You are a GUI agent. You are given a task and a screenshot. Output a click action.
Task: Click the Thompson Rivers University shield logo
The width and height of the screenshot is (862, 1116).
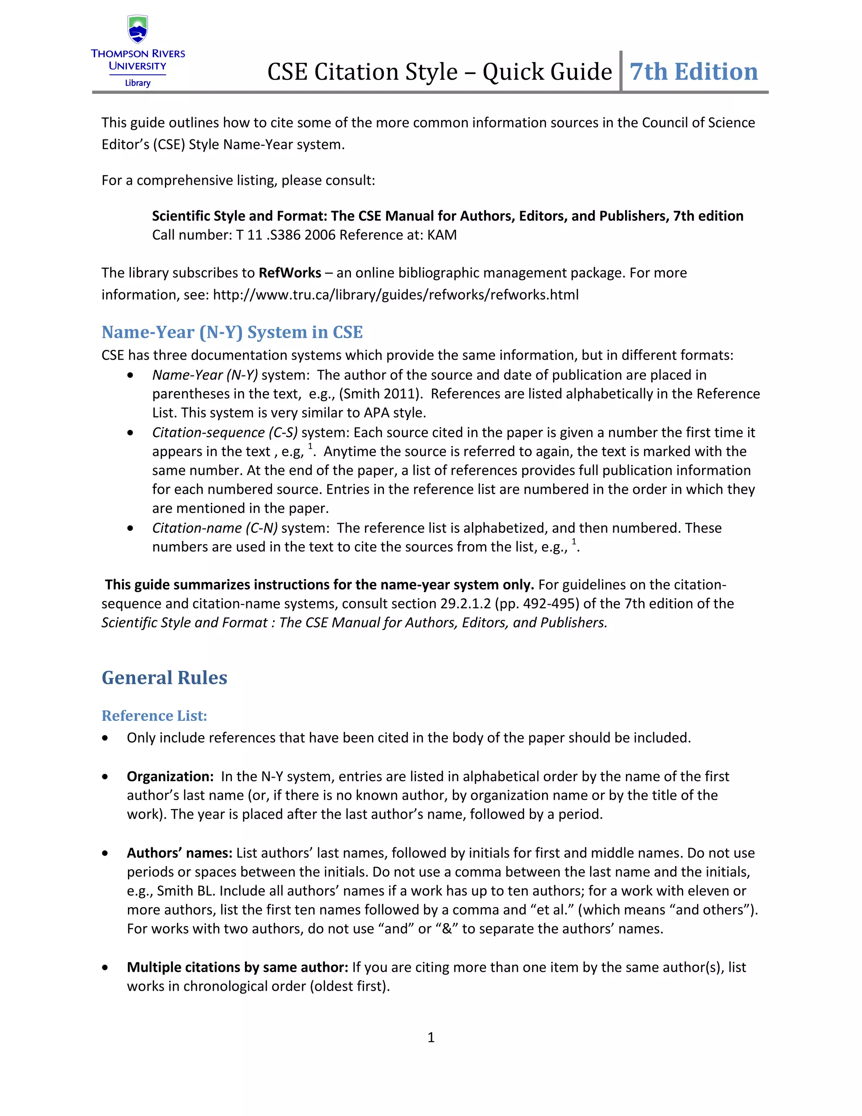click(137, 29)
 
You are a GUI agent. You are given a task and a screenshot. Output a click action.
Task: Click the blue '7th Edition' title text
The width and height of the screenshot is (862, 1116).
click(694, 72)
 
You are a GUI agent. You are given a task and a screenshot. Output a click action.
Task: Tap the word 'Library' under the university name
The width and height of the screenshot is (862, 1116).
click(137, 83)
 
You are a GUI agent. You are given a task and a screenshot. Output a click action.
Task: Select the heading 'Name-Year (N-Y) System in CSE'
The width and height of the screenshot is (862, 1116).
click(232, 332)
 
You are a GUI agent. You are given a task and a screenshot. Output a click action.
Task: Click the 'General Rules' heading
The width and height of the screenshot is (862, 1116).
click(165, 678)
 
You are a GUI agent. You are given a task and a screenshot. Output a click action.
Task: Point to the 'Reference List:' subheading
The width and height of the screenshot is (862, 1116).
click(154, 716)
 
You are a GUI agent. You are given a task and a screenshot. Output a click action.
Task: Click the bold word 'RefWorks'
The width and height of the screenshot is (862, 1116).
click(290, 273)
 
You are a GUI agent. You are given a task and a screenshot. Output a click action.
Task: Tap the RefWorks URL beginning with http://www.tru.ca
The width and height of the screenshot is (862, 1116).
click(395, 295)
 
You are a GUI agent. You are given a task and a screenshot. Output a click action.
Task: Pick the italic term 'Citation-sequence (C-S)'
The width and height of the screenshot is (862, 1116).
click(225, 433)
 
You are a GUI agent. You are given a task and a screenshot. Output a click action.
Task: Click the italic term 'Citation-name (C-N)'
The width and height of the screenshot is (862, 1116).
click(215, 528)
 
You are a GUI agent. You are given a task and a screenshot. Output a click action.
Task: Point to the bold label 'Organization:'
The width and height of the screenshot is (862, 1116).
click(170, 776)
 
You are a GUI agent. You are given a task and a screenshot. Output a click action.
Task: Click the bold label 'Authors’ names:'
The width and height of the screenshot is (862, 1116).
click(180, 853)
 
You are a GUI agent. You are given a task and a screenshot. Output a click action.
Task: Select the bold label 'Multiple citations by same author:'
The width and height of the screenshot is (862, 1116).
click(237, 967)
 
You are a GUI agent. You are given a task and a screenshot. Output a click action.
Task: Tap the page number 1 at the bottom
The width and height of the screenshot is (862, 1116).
click(431, 1037)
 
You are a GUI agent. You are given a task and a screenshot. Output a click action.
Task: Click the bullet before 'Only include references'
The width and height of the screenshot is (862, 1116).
click(105, 738)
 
